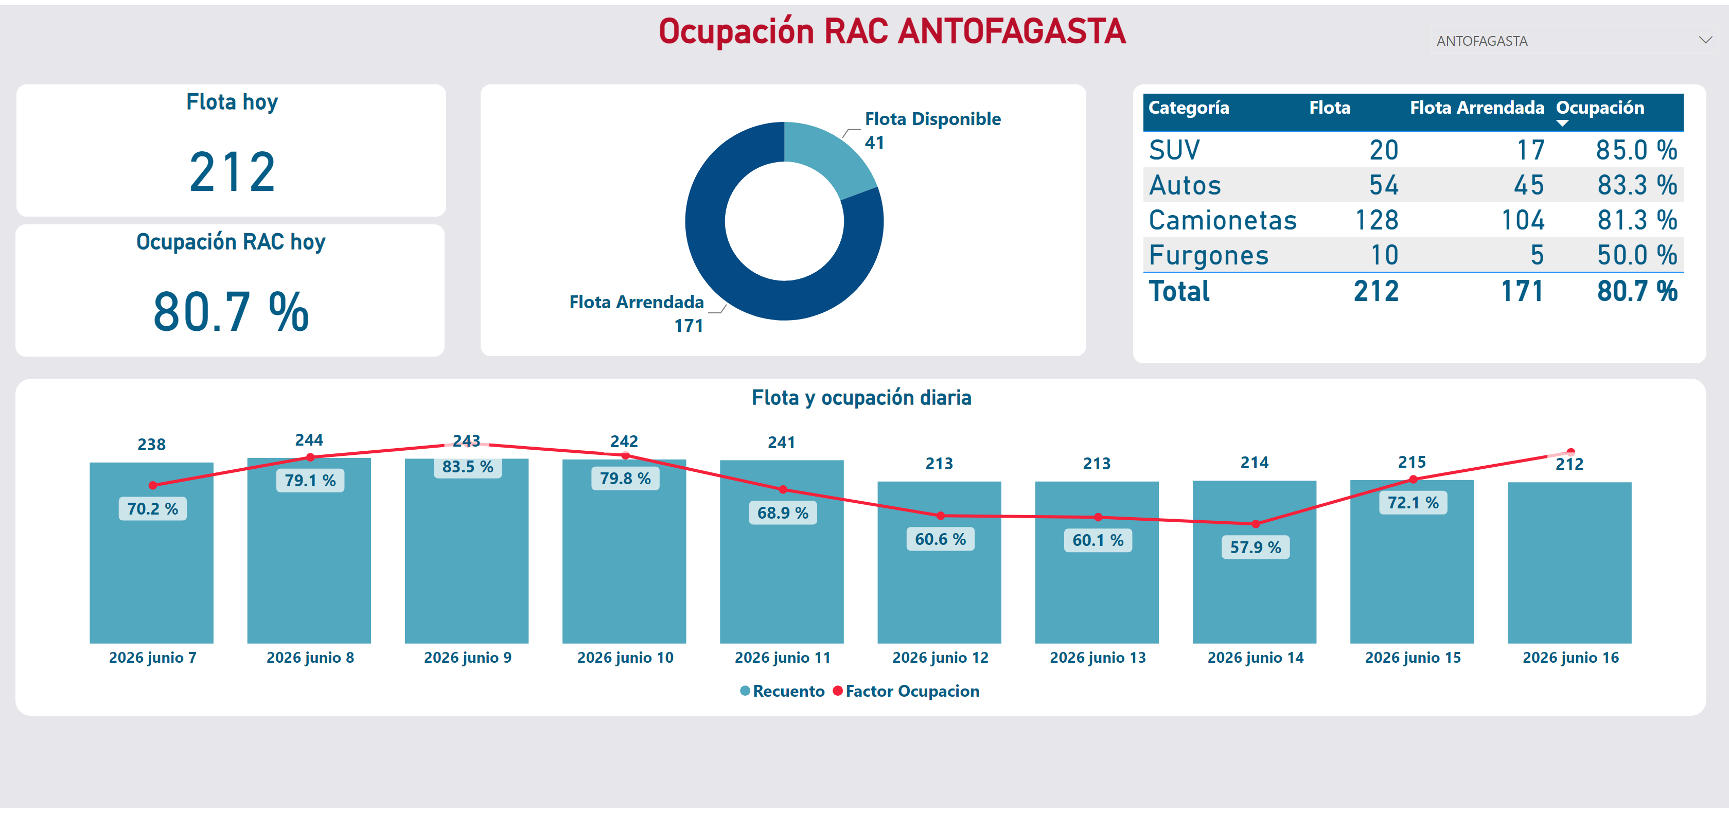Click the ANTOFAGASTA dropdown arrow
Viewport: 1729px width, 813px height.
(1705, 40)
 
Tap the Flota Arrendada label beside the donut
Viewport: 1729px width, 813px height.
(637, 302)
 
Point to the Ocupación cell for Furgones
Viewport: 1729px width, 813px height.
(1637, 255)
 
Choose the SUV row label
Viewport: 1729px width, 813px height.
(1174, 150)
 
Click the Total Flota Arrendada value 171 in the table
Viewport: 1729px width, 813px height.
(1522, 291)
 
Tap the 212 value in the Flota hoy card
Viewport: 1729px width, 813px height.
(232, 172)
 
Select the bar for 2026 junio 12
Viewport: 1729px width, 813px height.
(939, 562)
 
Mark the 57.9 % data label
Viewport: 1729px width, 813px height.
(1255, 547)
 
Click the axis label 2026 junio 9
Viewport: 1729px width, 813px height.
(467, 657)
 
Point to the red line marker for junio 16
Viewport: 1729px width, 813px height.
(1571, 452)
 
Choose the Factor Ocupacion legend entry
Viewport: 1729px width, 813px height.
(906, 691)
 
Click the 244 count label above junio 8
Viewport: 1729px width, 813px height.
(309, 440)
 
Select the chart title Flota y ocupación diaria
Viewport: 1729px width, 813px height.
(861, 397)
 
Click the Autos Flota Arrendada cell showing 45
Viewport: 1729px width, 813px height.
(1528, 185)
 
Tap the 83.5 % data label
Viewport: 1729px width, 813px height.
(467, 467)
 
